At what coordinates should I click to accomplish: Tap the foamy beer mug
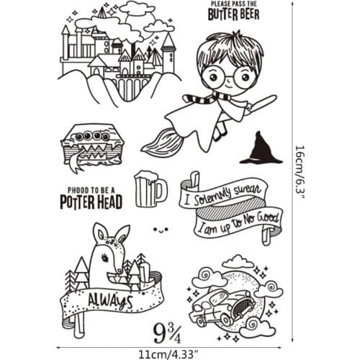click(149, 189)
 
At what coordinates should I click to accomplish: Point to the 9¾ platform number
click(167, 332)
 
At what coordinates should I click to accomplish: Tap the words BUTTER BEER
click(234, 14)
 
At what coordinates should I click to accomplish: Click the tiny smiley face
click(160, 230)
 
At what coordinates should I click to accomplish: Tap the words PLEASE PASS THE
click(234, 4)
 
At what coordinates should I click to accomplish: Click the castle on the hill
click(119, 54)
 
